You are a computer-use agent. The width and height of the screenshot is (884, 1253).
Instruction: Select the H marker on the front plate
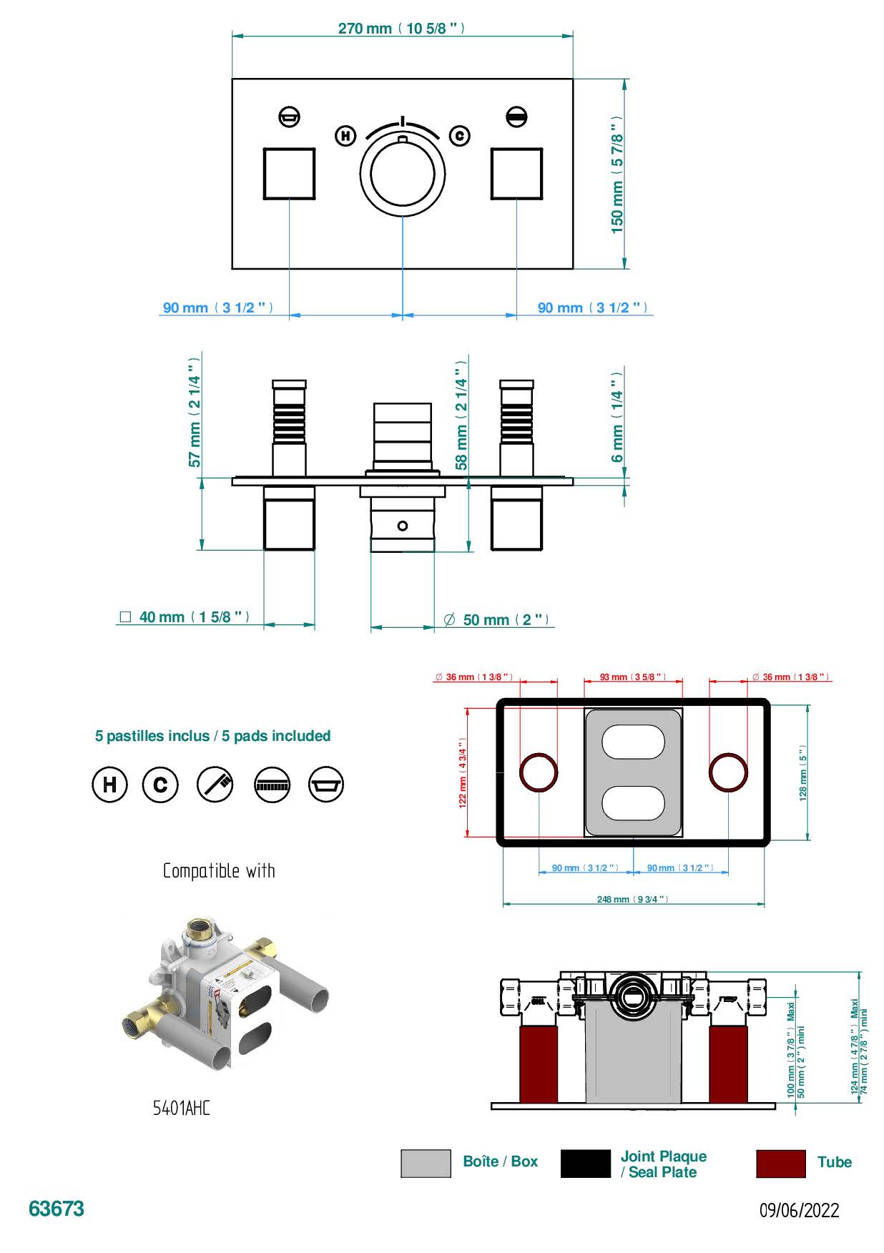[345, 135]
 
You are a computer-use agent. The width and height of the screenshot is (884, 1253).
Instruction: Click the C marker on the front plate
[459, 135]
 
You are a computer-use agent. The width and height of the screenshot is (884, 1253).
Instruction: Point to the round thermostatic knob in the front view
[402, 174]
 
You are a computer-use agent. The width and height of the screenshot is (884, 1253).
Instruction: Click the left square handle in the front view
[289, 174]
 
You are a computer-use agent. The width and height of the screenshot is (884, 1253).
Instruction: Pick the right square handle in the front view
[516, 174]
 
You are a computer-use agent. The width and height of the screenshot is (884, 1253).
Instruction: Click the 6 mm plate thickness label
[617, 416]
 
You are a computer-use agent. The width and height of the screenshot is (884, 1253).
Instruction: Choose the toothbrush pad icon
[215, 785]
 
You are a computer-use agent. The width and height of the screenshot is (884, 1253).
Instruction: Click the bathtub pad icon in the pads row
[326, 785]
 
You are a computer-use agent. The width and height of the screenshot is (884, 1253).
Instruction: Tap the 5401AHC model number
[182, 1109]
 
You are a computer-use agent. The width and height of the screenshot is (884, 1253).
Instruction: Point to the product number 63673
[57, 1209]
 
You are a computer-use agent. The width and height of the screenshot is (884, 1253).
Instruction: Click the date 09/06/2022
[799, 1210]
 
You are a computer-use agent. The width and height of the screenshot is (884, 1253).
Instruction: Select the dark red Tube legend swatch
[780, 1164]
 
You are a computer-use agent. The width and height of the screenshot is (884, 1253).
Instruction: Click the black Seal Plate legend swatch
[586, 1164]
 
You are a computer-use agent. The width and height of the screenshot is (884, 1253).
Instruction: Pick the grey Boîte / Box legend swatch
[426, 1164]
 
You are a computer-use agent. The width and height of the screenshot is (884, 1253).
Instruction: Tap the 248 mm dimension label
[633, 899]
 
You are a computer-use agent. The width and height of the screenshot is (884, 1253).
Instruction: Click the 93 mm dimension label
[632, 677]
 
